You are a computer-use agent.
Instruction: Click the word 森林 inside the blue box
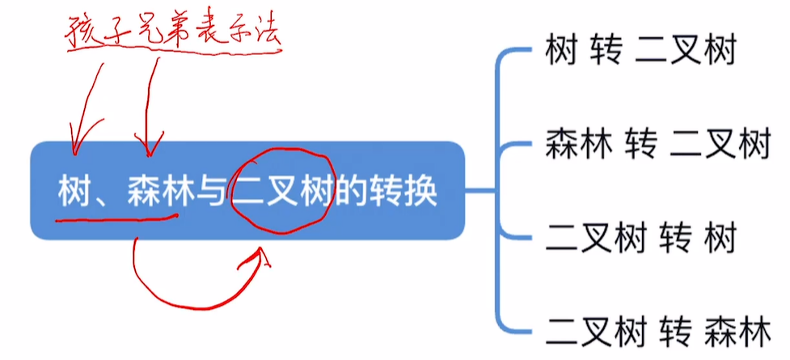coord(154,193)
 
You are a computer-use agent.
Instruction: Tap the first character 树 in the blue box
coord(73,193)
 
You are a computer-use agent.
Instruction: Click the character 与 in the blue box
coord(210,193)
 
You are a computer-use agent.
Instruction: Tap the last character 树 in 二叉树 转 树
coord(720,240)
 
